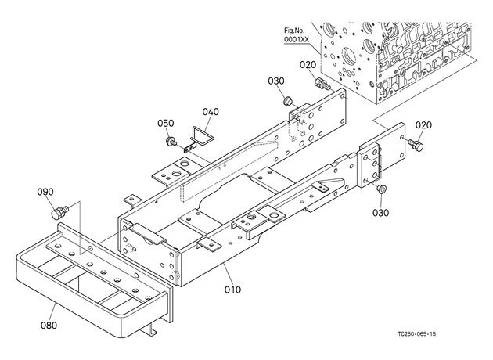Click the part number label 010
tap(232, 290)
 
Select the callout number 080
tap(49, 325)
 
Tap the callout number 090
tap(45, 192)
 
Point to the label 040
tap(211, 112)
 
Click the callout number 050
tap(166, 123)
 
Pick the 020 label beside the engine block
tap(308, 65)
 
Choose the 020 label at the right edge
tap(423, 124)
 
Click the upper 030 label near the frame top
tap(276, 81)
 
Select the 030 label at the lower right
tap(380, 213)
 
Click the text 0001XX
tap(297, 40)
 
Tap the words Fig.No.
tap(294, 31)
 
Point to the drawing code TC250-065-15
tap(417, 334)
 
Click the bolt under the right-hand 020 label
tap(416, 145)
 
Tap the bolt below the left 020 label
tap(322, 83)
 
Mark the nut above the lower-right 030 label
tap(381, 189)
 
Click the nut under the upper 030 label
tap(287, 101)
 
